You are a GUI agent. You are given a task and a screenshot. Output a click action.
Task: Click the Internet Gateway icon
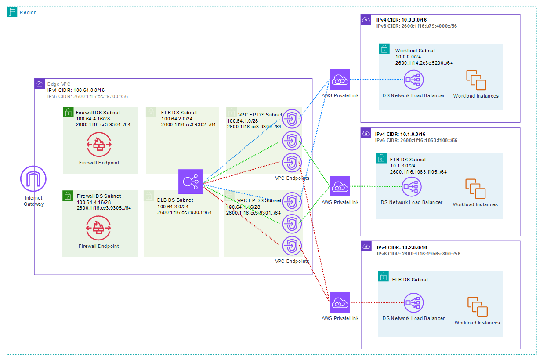click(33, 179)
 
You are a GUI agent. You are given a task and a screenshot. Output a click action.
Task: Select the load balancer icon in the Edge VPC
click(191, 182)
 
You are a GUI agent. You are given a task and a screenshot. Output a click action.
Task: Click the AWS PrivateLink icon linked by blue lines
click(340, 80)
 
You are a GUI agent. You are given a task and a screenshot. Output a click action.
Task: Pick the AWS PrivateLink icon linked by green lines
click(340, 186)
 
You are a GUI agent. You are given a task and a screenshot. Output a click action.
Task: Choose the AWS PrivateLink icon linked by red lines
click(340, 303)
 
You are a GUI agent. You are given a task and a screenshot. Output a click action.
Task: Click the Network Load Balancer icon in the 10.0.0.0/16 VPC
click(413, 80)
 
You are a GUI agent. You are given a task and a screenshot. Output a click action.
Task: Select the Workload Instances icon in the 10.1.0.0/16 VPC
click(475, 189)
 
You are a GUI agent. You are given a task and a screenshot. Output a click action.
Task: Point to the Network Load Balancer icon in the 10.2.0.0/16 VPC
click(413, 303)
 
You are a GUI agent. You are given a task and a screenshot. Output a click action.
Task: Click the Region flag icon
click(12, 12)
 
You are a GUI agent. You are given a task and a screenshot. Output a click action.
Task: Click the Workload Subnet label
click(415, 51)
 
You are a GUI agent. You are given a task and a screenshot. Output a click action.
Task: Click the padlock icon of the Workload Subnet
click(384, 48)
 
